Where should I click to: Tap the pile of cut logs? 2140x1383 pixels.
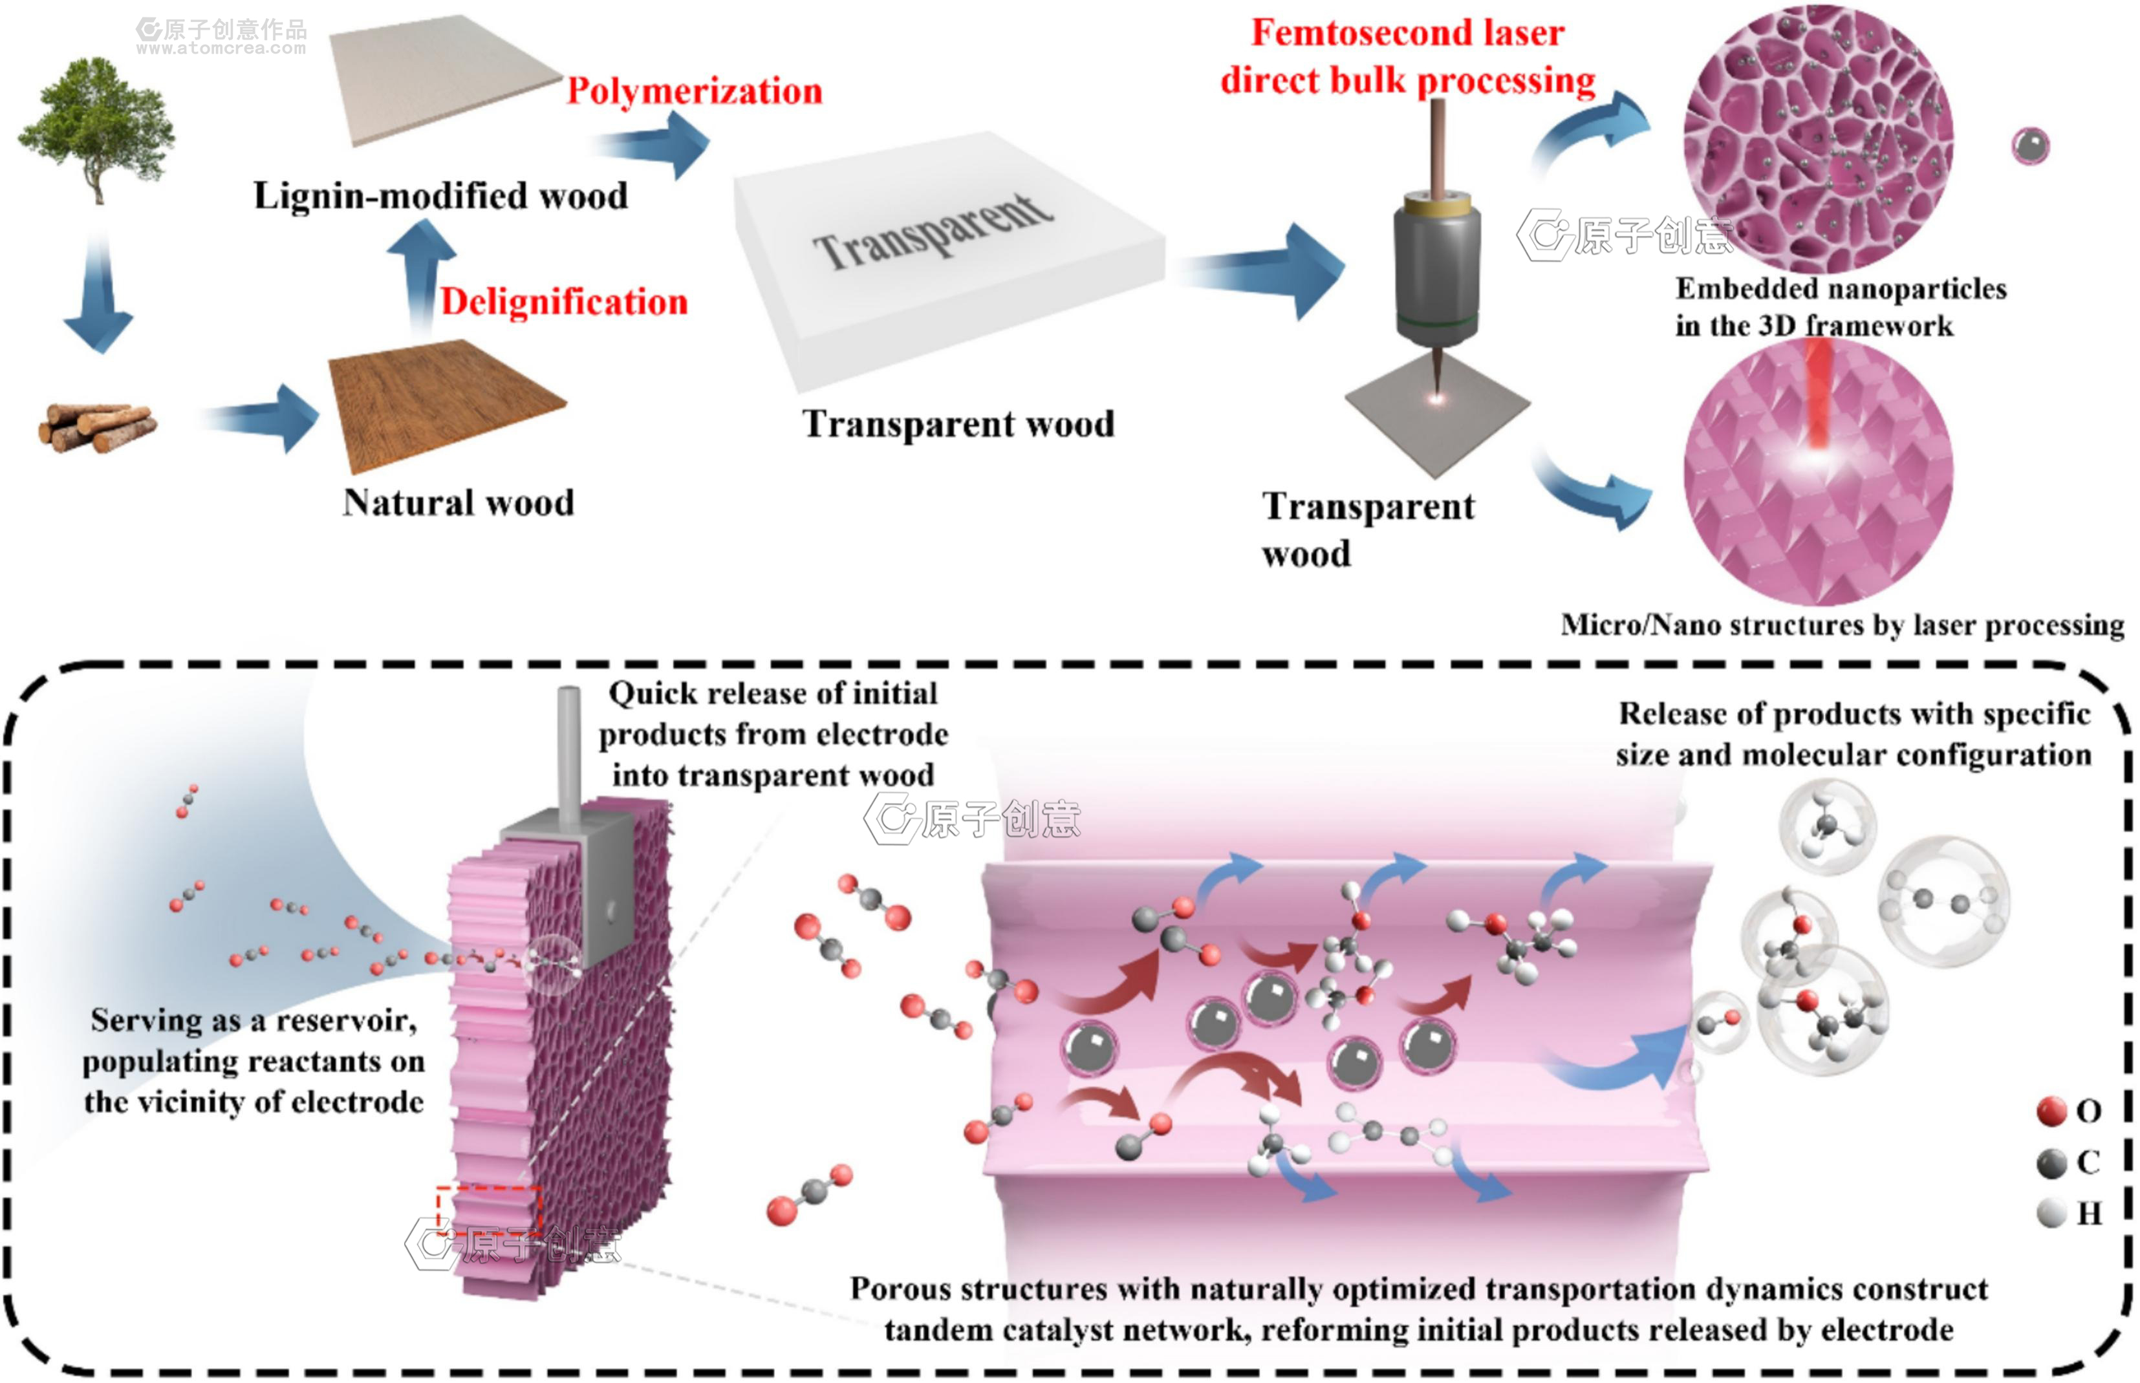point(97,427)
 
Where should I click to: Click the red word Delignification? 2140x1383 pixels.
point(564,302)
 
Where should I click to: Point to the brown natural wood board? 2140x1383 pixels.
point(446,404)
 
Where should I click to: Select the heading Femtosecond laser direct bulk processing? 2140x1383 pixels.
point(1407,57)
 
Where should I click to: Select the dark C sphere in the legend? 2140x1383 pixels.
point(2052,1163)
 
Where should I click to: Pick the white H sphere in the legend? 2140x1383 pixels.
point(2052,1213)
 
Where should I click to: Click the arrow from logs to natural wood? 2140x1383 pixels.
point(261,418)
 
